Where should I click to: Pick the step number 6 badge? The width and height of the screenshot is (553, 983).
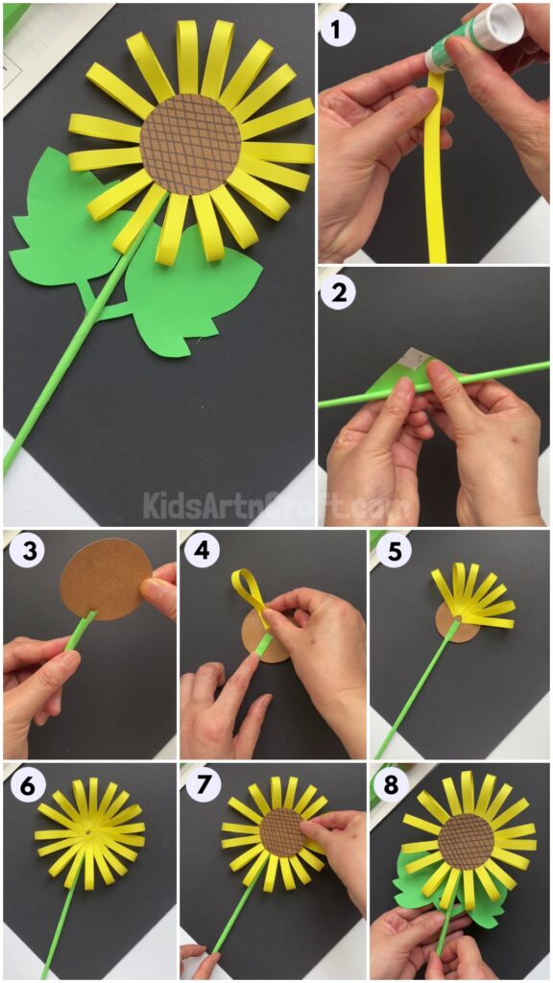23,786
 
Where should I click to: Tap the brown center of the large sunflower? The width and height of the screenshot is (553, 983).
190,143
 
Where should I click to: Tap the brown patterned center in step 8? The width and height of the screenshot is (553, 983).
466,841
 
